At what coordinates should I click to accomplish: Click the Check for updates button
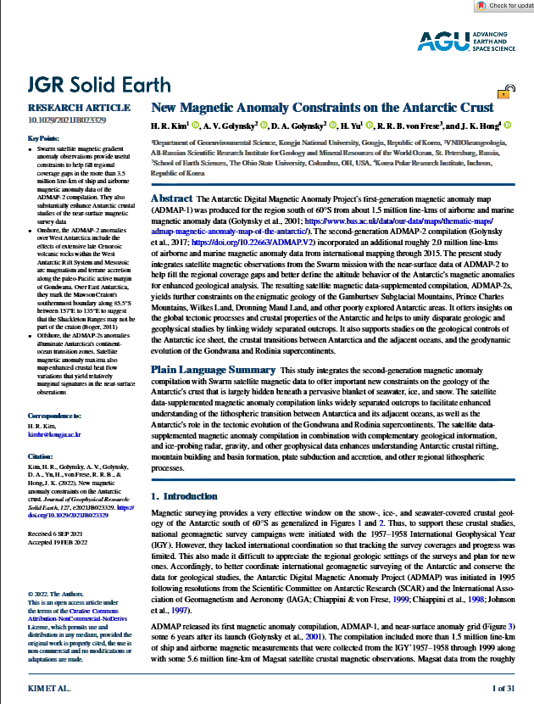click(505, 6)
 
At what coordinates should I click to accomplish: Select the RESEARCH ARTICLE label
click(68, 108)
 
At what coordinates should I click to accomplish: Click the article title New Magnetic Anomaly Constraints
click(321, 109)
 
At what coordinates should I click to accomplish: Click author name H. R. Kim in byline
click(170, 126)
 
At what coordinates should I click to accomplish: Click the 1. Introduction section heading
click(183, 494)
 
